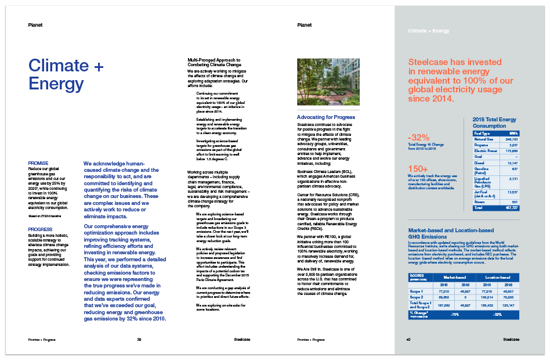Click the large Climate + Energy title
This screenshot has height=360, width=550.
click(66, 75)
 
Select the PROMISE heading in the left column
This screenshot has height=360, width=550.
click(39, 163)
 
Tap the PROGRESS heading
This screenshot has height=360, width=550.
click(41, 229)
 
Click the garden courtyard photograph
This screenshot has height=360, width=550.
click(328, 81)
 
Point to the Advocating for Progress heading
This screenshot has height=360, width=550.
click(326, 117)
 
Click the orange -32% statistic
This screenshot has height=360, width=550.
click(419, 138)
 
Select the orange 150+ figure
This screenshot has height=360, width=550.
click(418, 169)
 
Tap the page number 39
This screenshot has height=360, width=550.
click(139, 339)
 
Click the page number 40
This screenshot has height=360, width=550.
click(408, 339)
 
